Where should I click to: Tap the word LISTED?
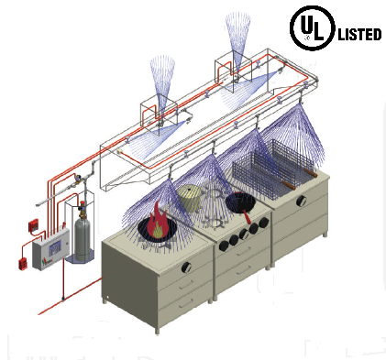(359, 35)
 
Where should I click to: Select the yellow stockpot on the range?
(190, 198)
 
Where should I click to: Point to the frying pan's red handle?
(247, 216)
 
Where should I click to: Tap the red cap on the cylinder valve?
(82, 204)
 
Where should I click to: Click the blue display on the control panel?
(55, 247)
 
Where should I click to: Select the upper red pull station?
(33, 225)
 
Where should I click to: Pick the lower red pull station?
(23, 264)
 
